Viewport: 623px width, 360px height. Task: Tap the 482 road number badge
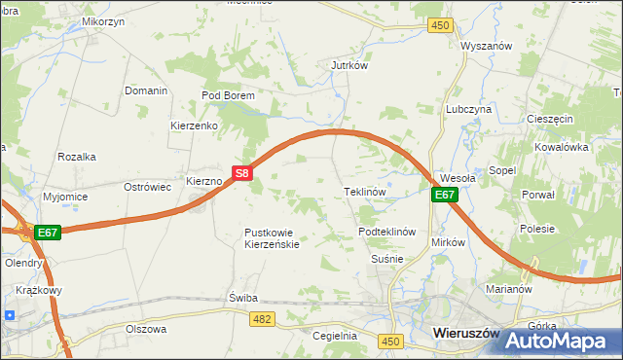[261, 318]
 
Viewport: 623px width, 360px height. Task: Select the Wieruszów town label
[464, 335]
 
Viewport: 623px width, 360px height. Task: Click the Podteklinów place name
[387, 232]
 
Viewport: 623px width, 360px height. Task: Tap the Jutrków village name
[348, 66]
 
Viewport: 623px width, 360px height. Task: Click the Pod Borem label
[228, 95]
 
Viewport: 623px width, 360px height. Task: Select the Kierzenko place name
[194, 126]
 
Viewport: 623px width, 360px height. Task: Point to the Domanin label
[146, 90]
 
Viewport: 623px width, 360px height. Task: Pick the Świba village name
[241, 297]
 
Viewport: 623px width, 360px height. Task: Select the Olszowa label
[146, 329]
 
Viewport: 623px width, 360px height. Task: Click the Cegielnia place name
[335, 336]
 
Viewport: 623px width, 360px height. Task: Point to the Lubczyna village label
[468, 110]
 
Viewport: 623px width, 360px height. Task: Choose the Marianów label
[506, 289]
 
